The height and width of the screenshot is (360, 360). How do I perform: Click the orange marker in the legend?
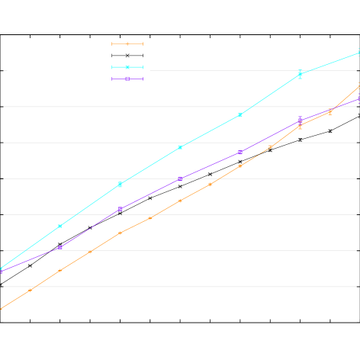(127, 43)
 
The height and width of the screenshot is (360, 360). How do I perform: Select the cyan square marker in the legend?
(127, 67)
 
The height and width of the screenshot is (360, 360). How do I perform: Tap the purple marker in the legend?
(127, 79)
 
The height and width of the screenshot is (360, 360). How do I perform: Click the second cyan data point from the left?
(60, 226)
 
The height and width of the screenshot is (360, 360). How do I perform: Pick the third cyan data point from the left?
(120, 185)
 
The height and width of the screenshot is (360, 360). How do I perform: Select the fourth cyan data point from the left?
(180, 147)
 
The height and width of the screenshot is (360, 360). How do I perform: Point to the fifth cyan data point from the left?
(240, 114)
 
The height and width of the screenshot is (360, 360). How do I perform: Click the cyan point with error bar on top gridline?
(300, 74)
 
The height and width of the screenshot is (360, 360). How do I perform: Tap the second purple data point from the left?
(60, 247)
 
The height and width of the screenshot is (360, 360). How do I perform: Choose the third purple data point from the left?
(120, 209)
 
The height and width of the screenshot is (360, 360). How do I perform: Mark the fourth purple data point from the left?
(180, 178)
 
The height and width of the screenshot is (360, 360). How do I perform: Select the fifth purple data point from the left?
(240, 152)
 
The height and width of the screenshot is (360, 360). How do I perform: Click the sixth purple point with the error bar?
(300, 120)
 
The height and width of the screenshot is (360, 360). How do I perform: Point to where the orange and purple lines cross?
(336, 108)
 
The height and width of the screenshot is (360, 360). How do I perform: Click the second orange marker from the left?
(31, 290)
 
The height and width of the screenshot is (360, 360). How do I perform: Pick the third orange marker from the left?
(60, 270)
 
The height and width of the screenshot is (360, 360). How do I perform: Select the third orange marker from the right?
(300, 125)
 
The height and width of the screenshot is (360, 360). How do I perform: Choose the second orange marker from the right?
(330, 111)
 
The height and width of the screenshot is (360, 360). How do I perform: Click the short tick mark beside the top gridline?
(5, 70)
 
